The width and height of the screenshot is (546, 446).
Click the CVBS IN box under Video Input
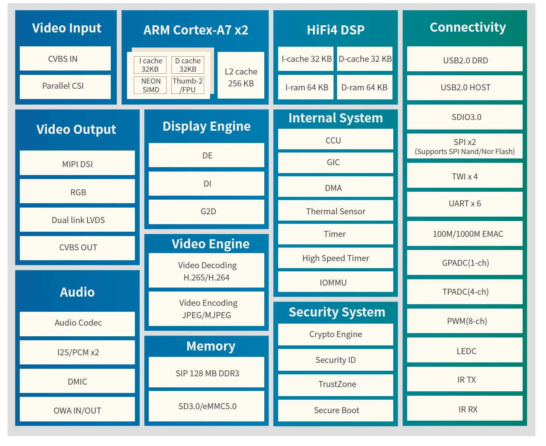[65, 59]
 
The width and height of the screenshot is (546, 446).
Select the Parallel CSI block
[65, 86]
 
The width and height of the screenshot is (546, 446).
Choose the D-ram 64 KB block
[364, 88]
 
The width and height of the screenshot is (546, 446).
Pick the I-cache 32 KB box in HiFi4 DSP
[306, 59]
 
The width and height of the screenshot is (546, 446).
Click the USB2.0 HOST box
[465, 88]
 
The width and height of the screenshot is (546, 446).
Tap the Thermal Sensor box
[336, 211]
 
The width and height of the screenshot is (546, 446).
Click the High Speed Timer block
[336, 258]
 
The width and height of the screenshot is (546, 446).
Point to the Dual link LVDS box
[78, 220]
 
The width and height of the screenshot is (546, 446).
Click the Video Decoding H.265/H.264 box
[207, 271]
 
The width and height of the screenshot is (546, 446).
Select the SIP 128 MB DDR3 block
[207, 373]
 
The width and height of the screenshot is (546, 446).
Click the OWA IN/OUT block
[78, 410]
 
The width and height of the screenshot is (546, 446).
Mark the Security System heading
[337, 312]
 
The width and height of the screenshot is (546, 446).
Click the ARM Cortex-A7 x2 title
[195, 30]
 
